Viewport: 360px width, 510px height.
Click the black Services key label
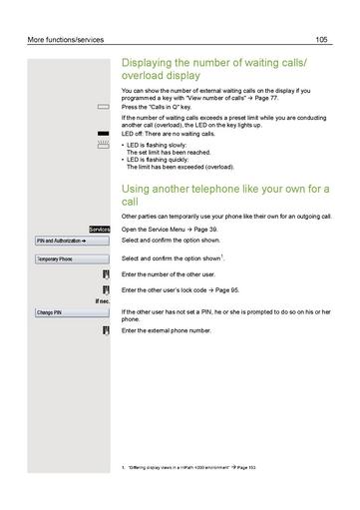[98, 229]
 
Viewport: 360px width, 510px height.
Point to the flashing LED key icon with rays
[103, 145]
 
